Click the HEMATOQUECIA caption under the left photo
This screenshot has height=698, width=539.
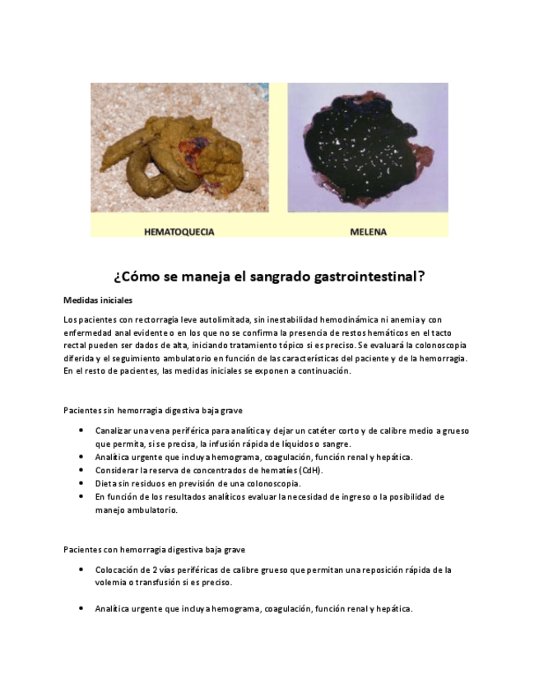(179, 231)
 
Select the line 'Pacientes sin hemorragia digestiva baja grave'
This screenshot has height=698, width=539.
(152, 410)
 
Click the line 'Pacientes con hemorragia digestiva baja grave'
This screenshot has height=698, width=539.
(154, 549)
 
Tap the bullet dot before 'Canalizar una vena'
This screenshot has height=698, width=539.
(81, 430)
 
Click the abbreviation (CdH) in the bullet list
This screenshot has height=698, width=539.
(309, 470)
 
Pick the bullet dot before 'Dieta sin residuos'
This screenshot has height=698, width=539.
(81, 483)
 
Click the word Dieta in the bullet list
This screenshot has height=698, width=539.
(105, 483)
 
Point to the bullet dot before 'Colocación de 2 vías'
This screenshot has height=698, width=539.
(81, 570)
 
